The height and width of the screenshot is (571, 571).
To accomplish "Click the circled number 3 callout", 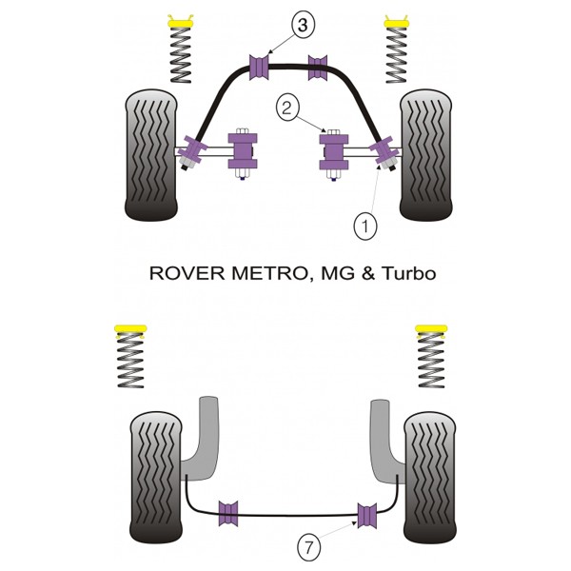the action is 303,26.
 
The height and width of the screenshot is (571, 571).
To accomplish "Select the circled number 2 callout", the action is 287,108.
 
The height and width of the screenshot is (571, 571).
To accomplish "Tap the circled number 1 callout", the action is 365,226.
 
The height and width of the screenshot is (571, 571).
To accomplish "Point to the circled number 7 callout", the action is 308,547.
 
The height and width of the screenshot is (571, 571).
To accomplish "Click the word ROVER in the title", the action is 187,273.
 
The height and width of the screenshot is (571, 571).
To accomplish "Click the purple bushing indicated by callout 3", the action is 259,68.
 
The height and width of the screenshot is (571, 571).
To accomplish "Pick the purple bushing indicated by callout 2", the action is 334,152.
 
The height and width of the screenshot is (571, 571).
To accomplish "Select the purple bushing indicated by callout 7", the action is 367,515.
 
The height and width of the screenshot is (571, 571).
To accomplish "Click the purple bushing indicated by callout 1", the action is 383,149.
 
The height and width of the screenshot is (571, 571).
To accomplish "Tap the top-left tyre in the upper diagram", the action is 151,155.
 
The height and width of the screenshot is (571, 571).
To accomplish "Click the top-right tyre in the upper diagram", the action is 425,155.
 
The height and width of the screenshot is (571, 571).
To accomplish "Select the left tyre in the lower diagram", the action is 156,477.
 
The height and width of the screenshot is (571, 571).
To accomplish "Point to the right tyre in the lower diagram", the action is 430,477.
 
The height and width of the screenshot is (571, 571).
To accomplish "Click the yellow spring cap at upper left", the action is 180,22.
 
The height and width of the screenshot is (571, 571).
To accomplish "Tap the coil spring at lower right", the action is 431,360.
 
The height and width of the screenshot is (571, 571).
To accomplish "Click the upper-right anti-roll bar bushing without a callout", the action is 318,68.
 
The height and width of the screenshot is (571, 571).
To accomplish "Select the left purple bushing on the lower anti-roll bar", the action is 228,514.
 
